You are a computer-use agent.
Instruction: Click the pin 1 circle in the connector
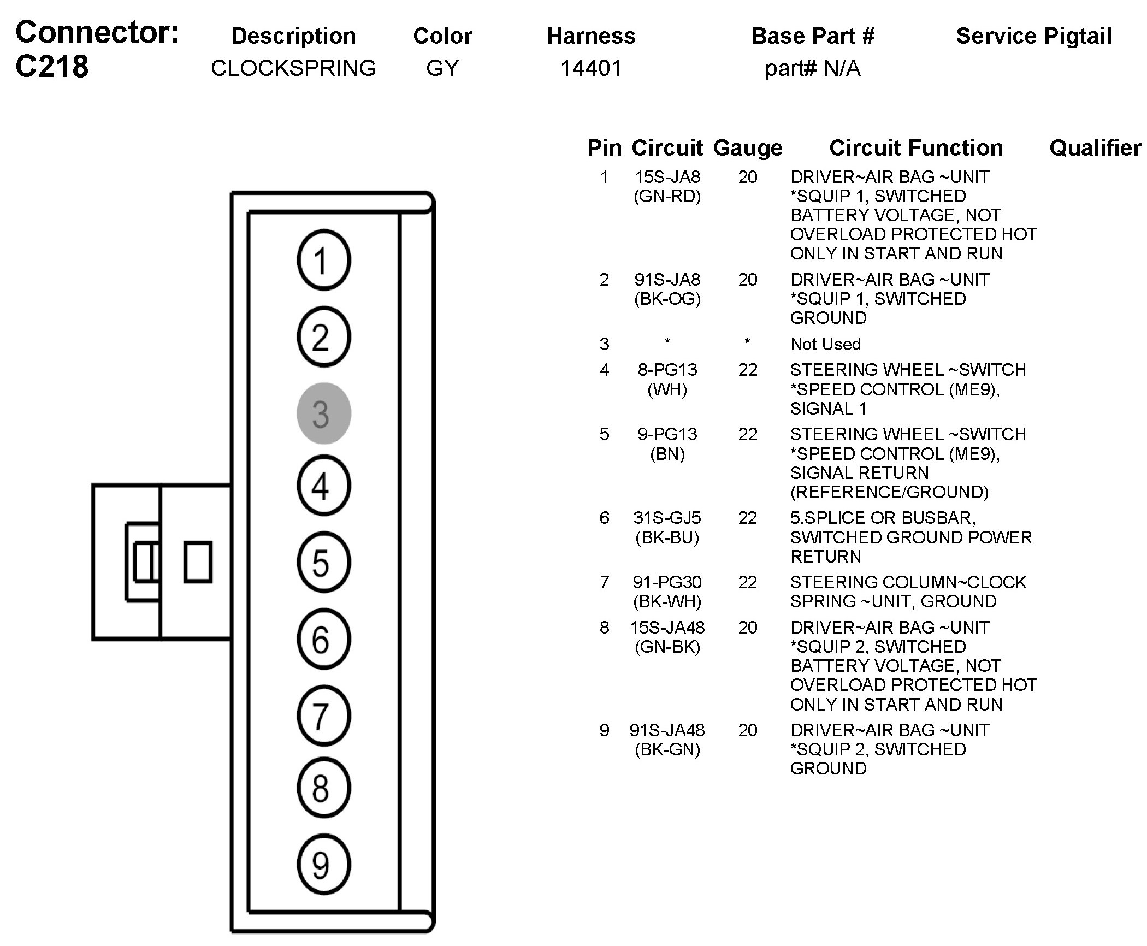(x=324, y=260)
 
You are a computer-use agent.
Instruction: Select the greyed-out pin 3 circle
(x=324, y=413)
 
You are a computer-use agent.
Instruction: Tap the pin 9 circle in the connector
(x=324, y=865)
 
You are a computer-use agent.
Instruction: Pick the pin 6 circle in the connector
(x=324, y=639)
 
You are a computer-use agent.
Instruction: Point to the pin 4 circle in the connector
(x=324, y=486)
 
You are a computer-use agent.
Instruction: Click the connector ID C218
(x=52, y=67)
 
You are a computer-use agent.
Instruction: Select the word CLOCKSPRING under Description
(x=293, y=68)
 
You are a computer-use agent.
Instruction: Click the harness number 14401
(x=591, y=68)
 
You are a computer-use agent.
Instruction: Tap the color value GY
(x=442, y=68)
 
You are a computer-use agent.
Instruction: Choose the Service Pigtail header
(x=1033, y=36)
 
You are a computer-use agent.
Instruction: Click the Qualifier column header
(x=1095, y=148)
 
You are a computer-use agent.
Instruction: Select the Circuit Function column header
(x=916, y=148)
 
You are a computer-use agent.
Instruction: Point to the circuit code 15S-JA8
(x=667, y=177)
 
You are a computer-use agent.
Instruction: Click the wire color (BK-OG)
(x=667, y=299)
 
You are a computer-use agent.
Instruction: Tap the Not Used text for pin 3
(x=825, y=344)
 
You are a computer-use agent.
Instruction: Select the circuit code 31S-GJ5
(x=667, y=518)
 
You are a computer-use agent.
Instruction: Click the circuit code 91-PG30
(x=667, y=582)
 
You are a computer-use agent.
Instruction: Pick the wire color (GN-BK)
(x=667, y=647)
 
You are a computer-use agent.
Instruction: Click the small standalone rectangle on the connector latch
(x=198, y=561)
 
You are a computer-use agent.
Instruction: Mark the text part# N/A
(x=812, y=68)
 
